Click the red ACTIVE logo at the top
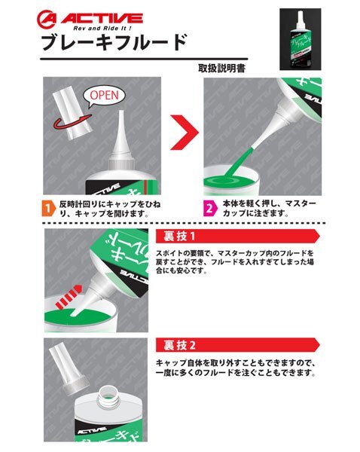90,18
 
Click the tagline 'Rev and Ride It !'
102,29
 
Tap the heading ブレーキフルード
114,43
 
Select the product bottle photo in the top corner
301,39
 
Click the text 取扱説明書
221,69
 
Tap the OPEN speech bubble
104,96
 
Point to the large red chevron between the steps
184,133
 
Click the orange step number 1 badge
49,208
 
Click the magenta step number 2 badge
209,208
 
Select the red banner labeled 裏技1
238,236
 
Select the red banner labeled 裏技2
238,345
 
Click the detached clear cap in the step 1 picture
72,115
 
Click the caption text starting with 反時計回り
109,209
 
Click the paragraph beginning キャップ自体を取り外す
236,368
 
